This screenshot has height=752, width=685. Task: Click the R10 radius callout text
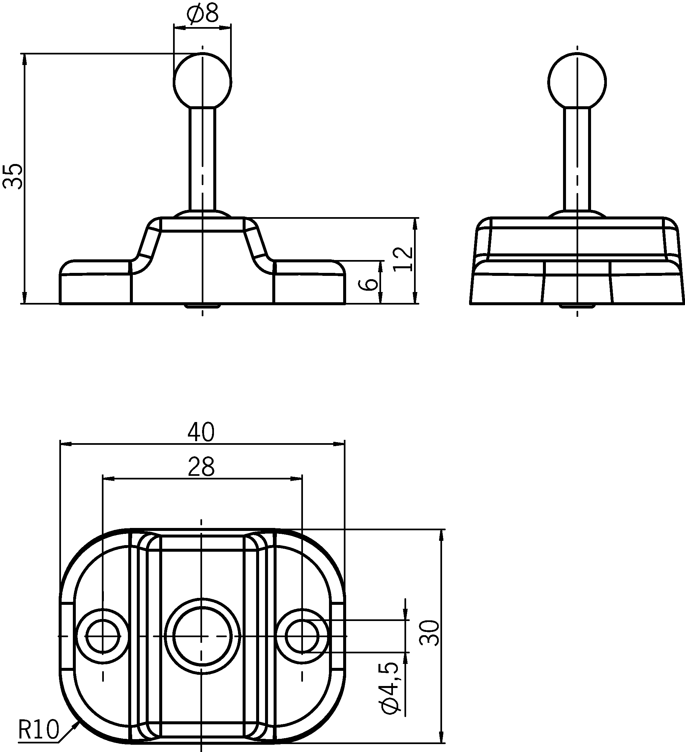pos(38,730)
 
